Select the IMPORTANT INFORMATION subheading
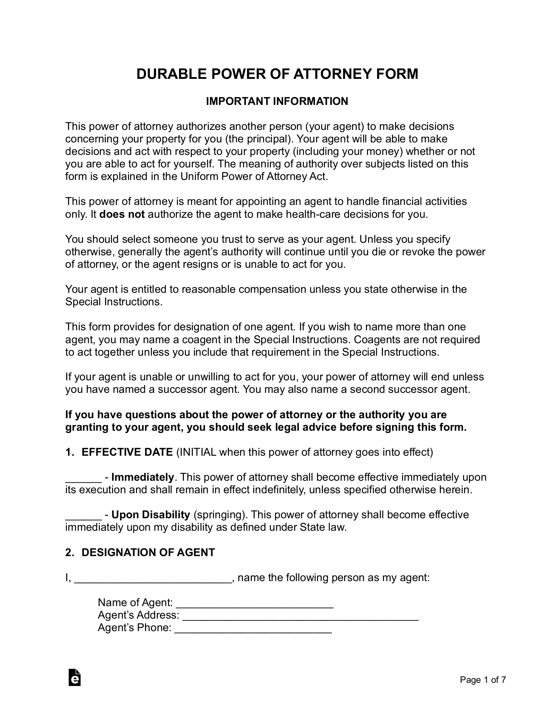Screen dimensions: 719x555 point(277,101)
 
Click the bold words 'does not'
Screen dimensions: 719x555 point(122,214)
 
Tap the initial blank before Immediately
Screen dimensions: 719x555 point(83,478)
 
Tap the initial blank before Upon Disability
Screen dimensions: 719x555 point(83,515)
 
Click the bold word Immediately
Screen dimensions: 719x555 point(142,477)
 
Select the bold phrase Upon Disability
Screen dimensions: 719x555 point(151,515)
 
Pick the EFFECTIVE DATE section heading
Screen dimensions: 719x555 point(127,452)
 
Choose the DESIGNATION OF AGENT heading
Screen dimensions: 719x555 point(148,553)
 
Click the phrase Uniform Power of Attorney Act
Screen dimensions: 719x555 point(253,176)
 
